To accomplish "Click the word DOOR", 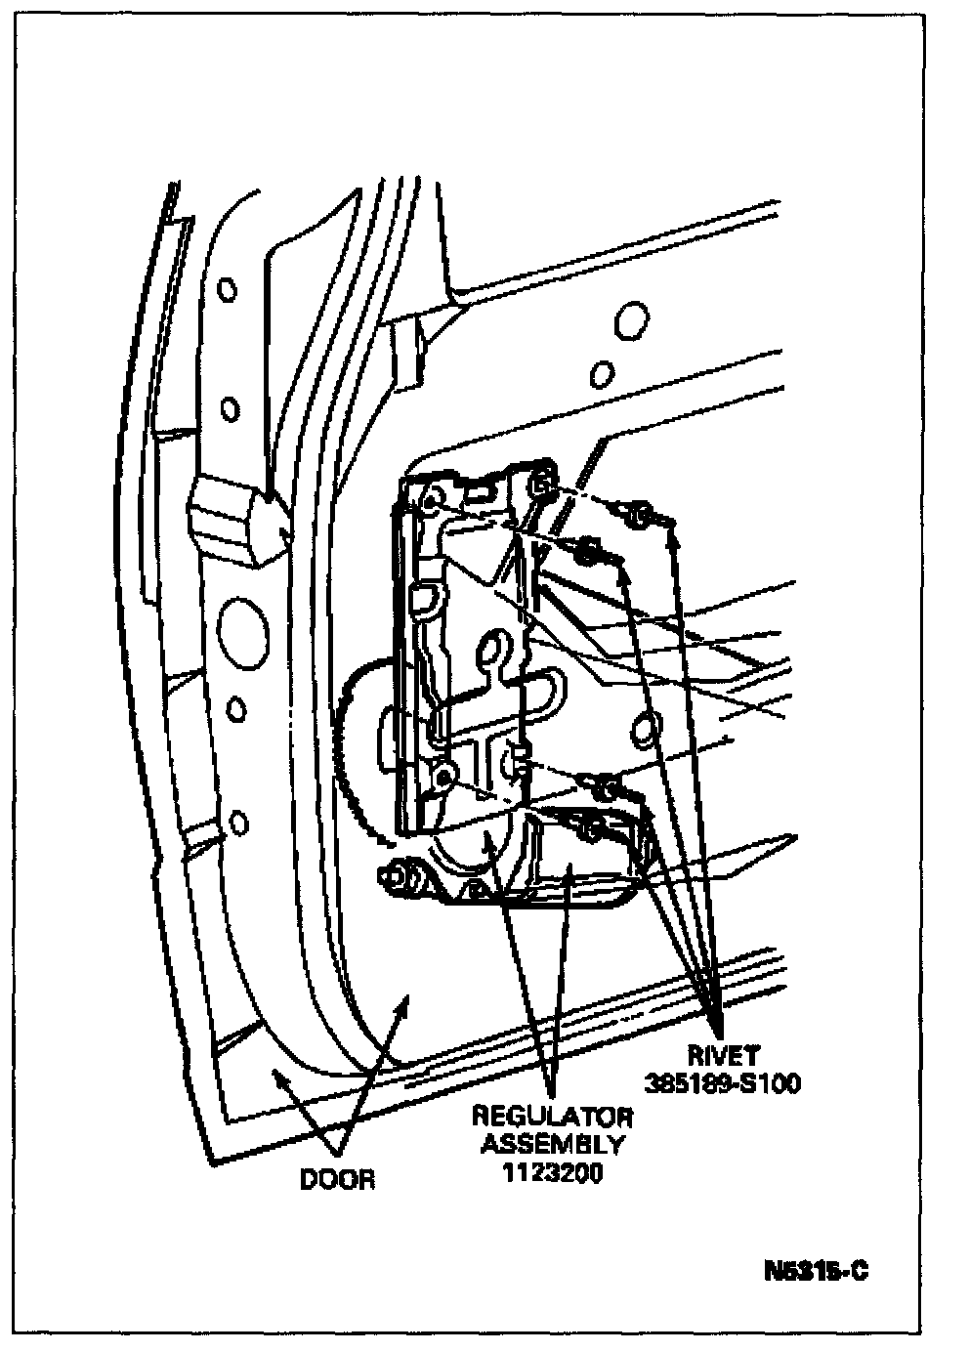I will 337,1179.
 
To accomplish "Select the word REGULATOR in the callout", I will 552,1117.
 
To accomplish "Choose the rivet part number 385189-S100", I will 723,1083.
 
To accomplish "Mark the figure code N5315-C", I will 817,1272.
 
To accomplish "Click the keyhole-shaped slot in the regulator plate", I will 499,653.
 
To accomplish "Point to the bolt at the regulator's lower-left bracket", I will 400,876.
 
